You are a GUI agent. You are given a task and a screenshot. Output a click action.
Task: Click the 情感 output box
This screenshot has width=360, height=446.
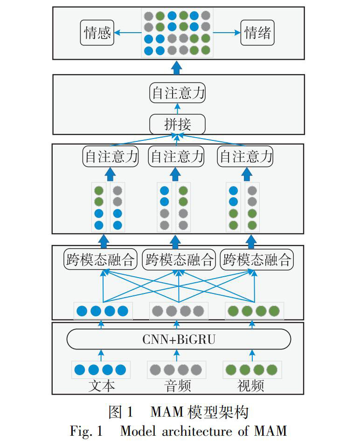click(x=97, y=33)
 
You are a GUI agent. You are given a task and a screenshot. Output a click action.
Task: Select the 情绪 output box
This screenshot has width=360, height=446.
click(x=257, y=33)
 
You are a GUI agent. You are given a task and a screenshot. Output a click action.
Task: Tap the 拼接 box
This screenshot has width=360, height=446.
click(x=177, y=124)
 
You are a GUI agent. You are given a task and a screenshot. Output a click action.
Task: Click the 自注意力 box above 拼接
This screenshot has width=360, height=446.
click(x=177, y=93)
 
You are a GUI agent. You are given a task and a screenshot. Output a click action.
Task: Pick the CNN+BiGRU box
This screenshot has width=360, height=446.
click(x=179, y=340)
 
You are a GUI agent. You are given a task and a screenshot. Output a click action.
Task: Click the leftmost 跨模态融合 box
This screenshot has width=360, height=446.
click(x=100, y=259)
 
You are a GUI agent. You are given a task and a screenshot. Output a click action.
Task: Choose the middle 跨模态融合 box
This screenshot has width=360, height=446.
click(x=179, y=259)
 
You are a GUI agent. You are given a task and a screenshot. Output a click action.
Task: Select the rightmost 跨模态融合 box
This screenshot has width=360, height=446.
click(x=257, y=259)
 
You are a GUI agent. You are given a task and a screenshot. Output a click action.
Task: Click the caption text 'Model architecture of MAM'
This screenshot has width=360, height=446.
click(x=203, y=431)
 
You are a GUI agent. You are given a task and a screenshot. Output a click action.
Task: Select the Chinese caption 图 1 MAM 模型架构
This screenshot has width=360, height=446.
click(x=179, y=412)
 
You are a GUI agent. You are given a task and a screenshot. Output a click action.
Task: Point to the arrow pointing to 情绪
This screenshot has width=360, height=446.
click(x=227, y=33)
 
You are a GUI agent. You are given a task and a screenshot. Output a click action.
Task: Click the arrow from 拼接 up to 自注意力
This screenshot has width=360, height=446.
click(x=177, y=109)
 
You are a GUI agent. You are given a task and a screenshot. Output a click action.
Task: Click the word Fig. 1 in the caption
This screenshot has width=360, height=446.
click(x=86, y=431)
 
